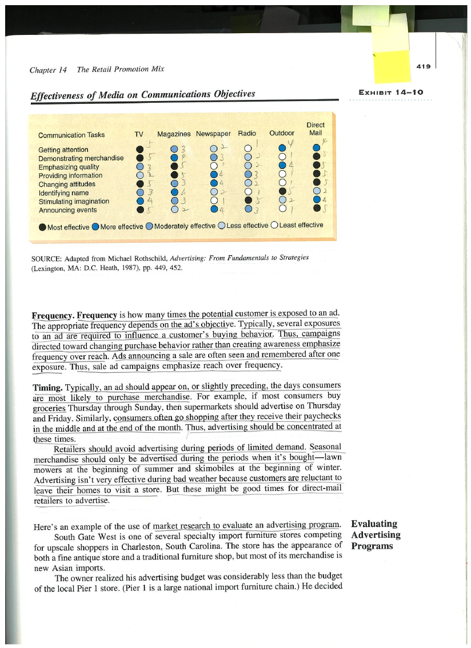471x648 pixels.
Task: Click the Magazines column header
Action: [174, 134]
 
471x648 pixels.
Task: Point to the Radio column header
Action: [247, 134]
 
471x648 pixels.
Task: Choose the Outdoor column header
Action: [282, 134]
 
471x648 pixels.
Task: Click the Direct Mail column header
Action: [316, 129]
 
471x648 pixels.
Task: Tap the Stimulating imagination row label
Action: [74, 202]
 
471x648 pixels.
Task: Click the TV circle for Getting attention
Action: [139, 150]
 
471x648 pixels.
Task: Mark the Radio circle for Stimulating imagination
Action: [248, 201]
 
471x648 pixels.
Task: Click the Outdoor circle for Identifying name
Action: [282, 192]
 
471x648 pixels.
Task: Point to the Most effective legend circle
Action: [42, 227]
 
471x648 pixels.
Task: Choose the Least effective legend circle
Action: [274, 226]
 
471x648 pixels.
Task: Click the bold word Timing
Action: [47, 388]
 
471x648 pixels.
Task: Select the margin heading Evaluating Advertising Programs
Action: [376, 535]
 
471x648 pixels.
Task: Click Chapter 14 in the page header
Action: [48, 70]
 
